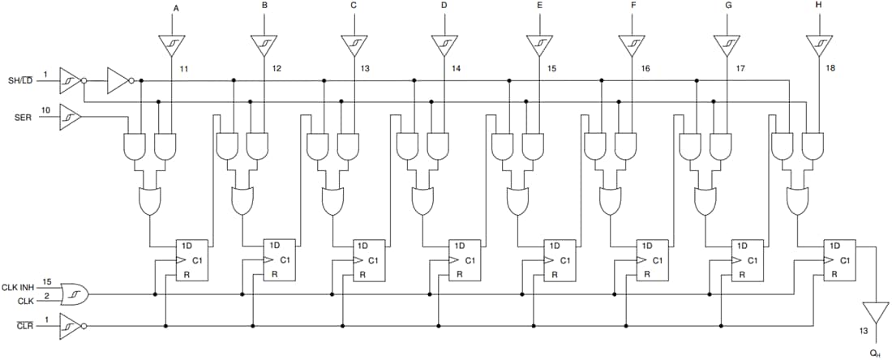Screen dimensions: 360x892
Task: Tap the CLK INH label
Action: (x=17, y=287)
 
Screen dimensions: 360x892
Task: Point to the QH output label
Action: (x=875, y=352)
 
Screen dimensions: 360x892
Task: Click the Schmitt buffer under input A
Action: (x=172, y=45)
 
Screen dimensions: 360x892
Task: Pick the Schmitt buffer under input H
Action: (x=820, y=45)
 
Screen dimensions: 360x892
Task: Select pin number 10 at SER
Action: (x=46, y=109)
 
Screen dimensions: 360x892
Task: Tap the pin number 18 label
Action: (x=830, y=69)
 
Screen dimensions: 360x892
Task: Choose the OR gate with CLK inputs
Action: (x=75, y=294)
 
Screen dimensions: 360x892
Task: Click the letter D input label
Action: (x=443, y=6)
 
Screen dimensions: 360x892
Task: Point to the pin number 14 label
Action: (x=456, y=69)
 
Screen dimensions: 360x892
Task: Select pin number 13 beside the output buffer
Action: (x=864, y=331)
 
